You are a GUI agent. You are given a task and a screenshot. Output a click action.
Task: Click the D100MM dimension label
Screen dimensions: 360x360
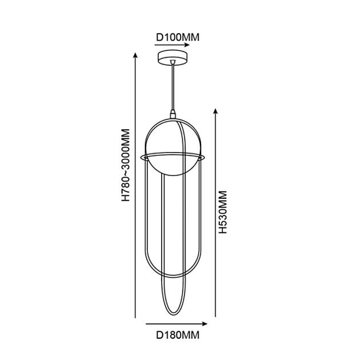178,37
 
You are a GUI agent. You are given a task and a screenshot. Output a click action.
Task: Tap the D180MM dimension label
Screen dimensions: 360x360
178,335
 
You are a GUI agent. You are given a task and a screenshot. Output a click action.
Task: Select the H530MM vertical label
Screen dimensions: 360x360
223,212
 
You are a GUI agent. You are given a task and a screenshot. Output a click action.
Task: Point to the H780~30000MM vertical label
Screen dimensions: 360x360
126,165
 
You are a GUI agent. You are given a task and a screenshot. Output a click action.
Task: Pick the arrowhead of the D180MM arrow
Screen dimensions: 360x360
205,324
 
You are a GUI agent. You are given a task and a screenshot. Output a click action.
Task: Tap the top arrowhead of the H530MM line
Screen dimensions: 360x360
215,111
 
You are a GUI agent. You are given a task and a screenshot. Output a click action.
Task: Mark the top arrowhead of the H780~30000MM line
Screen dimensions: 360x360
135,55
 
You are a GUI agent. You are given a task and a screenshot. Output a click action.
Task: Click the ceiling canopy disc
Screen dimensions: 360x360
173,58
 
